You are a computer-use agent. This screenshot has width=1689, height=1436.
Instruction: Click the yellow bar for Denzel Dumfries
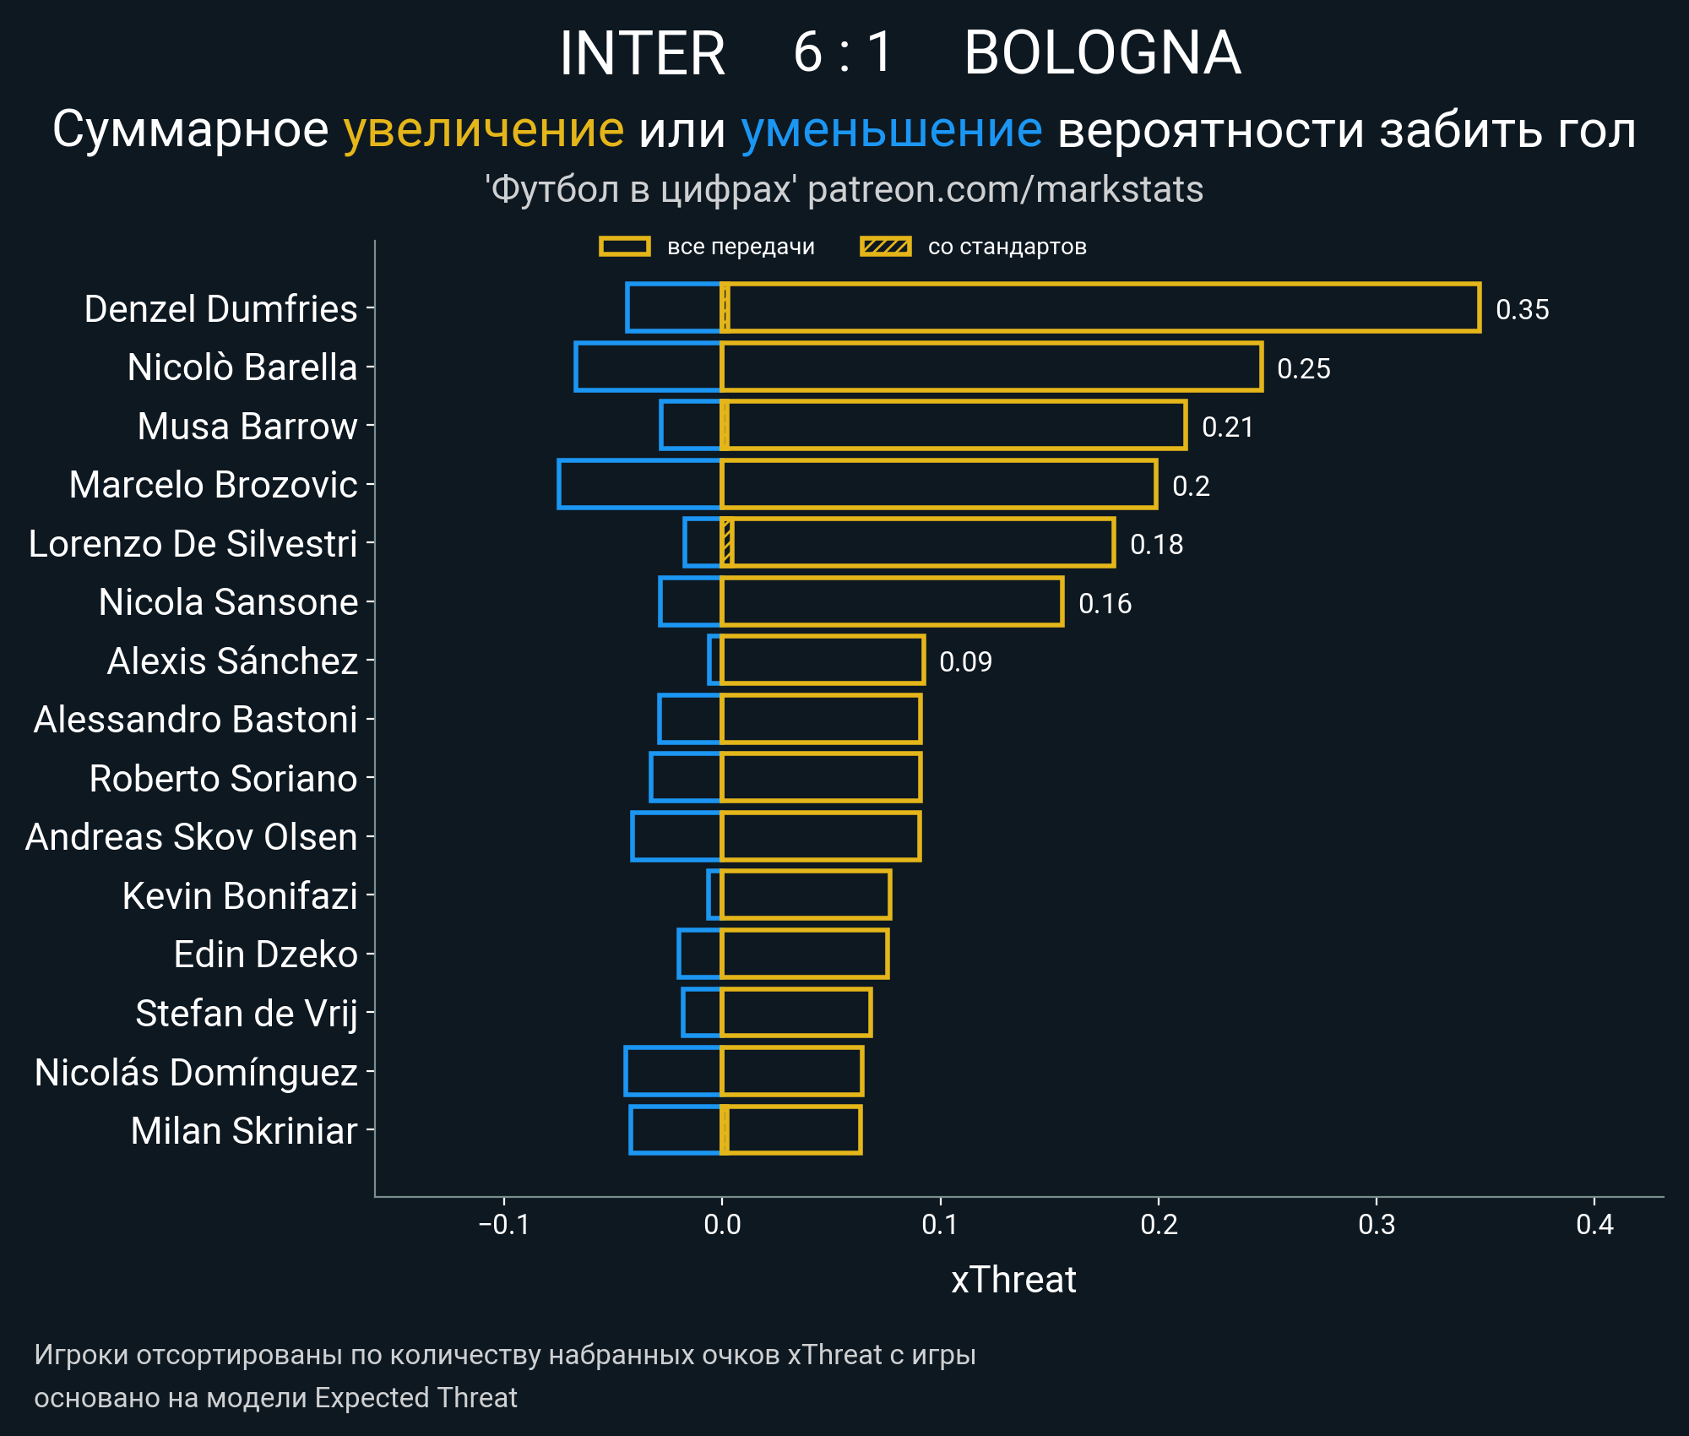point(1098,308)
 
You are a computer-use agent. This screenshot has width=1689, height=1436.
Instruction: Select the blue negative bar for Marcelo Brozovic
point(639,485)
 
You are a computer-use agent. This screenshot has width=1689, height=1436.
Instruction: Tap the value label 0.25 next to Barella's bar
point(1303,368)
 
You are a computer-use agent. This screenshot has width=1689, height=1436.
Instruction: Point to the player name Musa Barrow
point(247,427)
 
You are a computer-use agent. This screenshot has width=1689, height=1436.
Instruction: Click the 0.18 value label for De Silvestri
point(1156,545)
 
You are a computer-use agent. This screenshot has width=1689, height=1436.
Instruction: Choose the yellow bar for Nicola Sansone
point(891,602)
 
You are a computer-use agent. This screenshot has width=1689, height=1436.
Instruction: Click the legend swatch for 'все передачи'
point(624,247)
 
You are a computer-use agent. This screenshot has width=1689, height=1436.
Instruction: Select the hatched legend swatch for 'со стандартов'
point(885,247)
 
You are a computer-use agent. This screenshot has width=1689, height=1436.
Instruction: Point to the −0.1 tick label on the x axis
point(503,1224)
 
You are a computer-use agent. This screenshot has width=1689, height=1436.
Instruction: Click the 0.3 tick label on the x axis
point(1377,1224)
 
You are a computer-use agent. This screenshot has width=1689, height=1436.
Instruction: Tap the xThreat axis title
point(1013,1280)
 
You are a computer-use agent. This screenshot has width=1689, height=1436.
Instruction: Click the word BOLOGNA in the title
point(1102,53)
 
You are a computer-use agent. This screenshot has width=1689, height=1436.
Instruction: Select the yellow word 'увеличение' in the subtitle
point(483,130)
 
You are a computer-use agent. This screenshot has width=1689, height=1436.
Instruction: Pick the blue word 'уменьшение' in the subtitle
point(891,130)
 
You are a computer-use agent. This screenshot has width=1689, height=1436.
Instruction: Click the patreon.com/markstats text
point(1005,189)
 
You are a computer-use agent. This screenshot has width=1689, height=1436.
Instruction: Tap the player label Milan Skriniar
point(243,1131)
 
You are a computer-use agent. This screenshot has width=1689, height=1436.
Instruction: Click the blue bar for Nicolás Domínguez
point(672,1071)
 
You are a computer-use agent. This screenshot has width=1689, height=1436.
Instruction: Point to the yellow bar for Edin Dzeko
point(804,954)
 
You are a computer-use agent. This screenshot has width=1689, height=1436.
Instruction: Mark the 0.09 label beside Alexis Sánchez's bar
point(965,661)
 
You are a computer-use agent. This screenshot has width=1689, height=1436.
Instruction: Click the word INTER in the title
point(642,53)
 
